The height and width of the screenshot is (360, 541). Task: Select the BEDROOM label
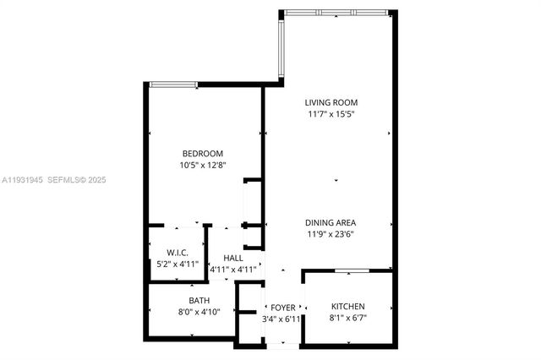(203, 153)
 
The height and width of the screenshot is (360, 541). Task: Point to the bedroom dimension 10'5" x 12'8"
(203, 165)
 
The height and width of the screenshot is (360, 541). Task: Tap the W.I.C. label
(178, 252)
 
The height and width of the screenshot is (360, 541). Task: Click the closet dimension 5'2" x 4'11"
(178, 264)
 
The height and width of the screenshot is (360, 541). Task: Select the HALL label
(232, 258)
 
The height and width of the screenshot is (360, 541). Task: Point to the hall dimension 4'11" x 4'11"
(232, 270)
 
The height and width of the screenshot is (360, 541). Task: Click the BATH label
(199, 300)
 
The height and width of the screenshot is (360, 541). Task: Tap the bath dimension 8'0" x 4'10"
(199, 312)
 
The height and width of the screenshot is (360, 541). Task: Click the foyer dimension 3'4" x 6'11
(281, 319)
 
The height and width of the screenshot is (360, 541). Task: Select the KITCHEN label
(347, 307)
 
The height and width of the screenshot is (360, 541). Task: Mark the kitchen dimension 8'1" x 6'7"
(347, 319)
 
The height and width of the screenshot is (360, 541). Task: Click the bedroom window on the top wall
(173, 84)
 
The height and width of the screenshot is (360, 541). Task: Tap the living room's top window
(336, 12)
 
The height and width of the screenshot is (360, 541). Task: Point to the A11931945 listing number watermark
(22, 180)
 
